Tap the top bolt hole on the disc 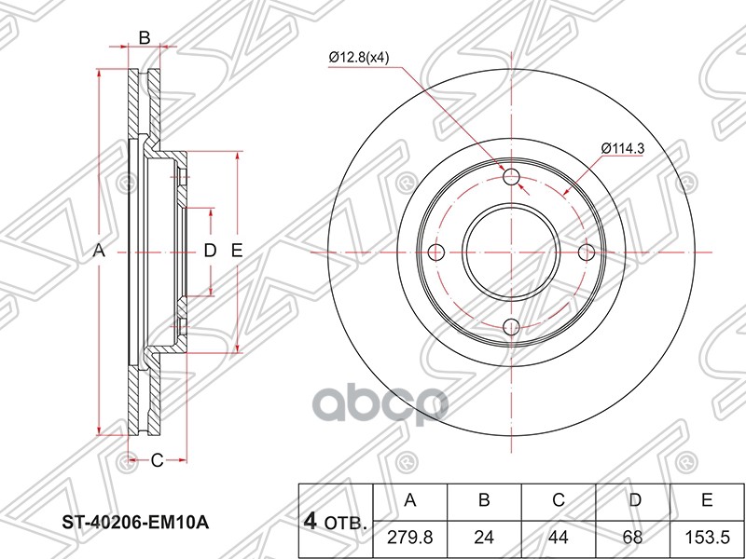[x=511, y=178]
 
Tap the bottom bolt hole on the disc [x=511, y=326]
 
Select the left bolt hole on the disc [x=436, y=252]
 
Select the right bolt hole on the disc [x=586, y=252]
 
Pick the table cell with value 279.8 [x=409, y=539]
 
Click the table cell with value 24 [x=484, y=539]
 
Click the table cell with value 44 [x=559, y=539]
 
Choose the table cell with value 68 [x=634, y=539]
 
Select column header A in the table [x=409, y=501]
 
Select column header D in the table [x=634, y=501]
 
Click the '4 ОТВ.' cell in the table [x=334, y=520]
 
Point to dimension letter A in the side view [x=100, y=252]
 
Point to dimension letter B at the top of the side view [x=145, y=37]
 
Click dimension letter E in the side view [x=237, y=251]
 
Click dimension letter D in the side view [x=210, y=251]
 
